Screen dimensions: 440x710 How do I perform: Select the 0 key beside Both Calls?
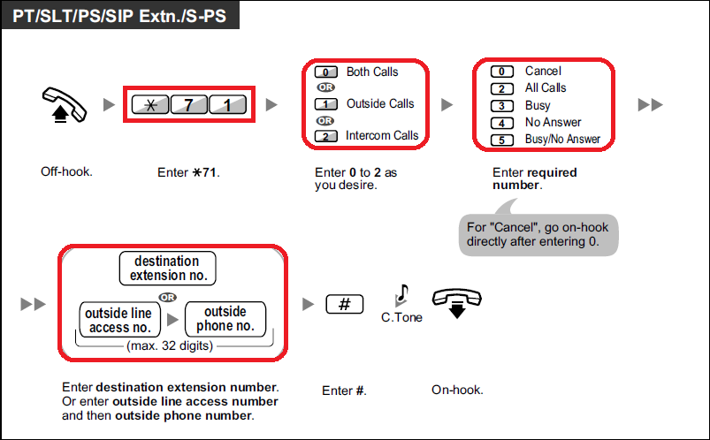[326, 72]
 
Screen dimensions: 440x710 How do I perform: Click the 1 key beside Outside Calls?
[326, 104]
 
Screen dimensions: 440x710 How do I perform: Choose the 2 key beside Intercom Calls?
[326, 136]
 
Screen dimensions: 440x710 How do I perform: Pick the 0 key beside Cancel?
[502, 72]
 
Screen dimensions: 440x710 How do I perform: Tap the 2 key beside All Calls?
[502, 88]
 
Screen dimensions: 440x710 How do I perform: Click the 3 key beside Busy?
[502, 106]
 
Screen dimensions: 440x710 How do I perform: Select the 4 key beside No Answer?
[502, 123]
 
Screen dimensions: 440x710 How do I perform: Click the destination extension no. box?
[167, 268]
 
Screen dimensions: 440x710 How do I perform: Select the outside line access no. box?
[118, 320]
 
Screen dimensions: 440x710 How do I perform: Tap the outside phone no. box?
[225, 319]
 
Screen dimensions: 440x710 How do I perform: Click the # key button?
[345, 304]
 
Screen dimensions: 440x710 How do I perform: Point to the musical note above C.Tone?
[402, 293]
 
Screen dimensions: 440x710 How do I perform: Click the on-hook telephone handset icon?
[456, 302]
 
